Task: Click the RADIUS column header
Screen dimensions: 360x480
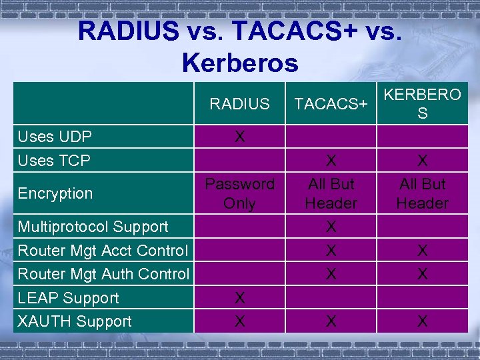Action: click(x=239, y=104)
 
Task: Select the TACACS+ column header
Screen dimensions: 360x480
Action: click(x=331, y=104)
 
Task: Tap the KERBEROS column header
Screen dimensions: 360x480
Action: click(x=422, y=104)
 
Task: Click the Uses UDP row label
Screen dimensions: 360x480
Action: click(x=55, y=137)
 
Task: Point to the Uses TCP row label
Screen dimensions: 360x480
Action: click(x=54, y=161)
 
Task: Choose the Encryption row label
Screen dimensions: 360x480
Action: click(x=55, y=193)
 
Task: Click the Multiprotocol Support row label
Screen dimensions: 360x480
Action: click(x=93, y=227)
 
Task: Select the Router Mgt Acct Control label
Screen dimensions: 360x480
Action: click(x=103, y=251)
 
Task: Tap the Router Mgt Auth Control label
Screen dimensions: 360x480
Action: click(x=103, y=274)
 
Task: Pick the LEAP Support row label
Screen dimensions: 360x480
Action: click(x=68, y=298)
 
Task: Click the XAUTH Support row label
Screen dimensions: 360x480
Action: click(x=75, y=321)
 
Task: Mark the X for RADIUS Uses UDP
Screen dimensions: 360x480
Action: click(x=239, y=137)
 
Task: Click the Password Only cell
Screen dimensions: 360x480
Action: click(x=239, y=193)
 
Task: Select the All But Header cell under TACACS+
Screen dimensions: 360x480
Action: click(x=331, y=193)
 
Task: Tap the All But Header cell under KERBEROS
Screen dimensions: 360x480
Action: click(x=422, y=193)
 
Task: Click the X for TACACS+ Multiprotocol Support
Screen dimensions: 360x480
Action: click(x=331, y=227)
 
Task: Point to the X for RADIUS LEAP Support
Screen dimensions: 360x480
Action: click(x=239, y=298)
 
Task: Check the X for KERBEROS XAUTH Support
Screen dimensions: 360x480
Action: click(x=422, y=321)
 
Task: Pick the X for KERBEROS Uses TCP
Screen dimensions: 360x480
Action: click(x=422, y=161)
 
